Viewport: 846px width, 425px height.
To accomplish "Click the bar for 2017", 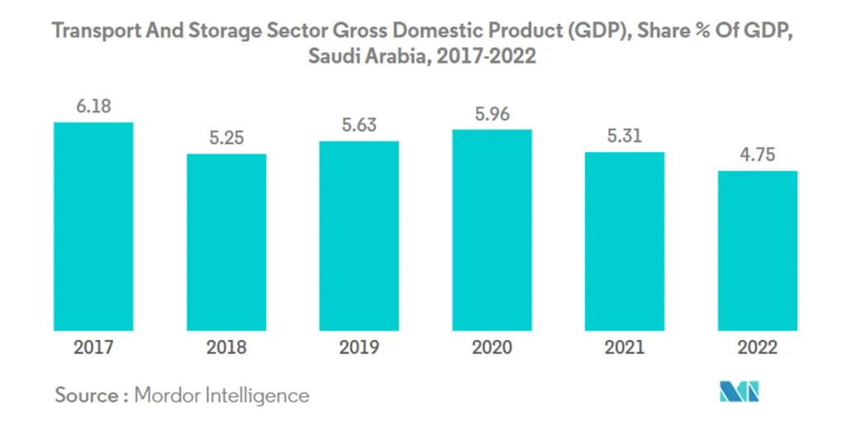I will [x=93, y=226].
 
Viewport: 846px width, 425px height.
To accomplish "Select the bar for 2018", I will [x=226, y=242].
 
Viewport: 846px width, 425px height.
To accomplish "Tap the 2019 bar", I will [x=359, y=235].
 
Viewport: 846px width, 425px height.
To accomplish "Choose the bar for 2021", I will [x=625, y=241].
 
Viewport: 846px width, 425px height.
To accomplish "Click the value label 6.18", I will [x=93, y=107].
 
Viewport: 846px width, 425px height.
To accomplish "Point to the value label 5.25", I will [x=226, y=139].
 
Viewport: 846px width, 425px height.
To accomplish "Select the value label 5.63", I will [x=359, y=126].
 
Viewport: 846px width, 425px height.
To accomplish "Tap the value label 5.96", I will [x=492, y=115].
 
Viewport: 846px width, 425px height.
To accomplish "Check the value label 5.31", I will [x=625, y=137].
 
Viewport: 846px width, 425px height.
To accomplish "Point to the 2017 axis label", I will [x=93, y=347].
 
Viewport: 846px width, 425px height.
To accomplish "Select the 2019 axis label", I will [x=359, y=347].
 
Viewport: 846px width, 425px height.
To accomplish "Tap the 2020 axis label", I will [x=492, y=347].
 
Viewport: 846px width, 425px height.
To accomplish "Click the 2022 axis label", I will [x=757, y=347].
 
